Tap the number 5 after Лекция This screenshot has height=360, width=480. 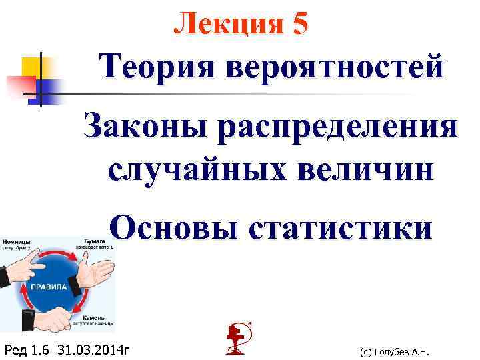pos(299,24)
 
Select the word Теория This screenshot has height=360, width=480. pos(155,67)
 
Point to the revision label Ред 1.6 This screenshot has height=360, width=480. pos(27,349)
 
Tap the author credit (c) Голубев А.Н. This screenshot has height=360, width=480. pos(393,352)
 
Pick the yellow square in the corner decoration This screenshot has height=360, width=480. pos(33,67)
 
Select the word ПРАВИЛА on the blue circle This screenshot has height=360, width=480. pos(47,287)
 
